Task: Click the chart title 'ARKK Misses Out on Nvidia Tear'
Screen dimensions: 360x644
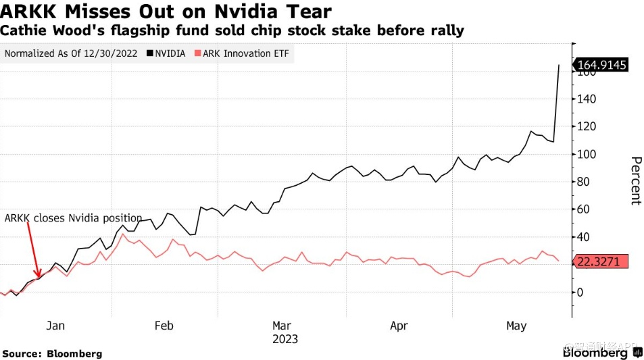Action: click(x=166, y=11)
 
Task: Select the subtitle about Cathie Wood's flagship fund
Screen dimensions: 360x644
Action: click(x=232, y=31)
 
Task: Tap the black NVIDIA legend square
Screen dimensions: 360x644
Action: click(x=148, y=53)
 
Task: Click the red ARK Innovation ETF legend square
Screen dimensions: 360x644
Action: click(x=197, y=53)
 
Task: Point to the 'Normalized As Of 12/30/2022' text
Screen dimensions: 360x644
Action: click(x=71, y=53)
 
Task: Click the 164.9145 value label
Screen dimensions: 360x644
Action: click(x=602, y=66)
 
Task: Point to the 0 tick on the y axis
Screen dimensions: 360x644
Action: click(x=579, y=292)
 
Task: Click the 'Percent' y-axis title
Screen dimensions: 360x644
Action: click(x=635, y=180)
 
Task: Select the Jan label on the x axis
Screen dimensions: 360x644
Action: click(x=55, y=326)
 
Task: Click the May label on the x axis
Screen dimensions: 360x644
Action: click(x=516, y=326)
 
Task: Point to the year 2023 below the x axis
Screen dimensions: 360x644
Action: click(x=285, y=339)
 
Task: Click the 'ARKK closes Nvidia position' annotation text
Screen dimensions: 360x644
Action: click(x=74, y=218)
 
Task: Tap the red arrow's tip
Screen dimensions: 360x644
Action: click(x=39, y=276)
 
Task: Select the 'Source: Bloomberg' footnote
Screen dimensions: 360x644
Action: click(x=53, y=353)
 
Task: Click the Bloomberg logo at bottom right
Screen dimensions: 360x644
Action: click(x=596, y=353)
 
